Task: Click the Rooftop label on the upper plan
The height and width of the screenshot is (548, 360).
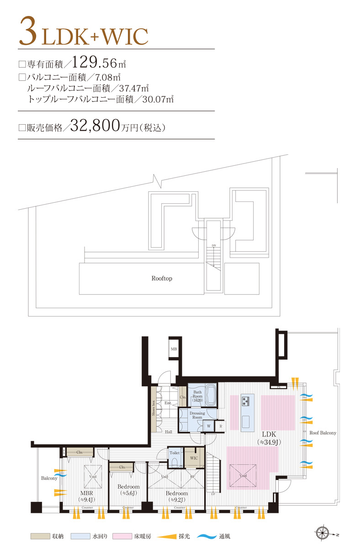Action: coord(162,278)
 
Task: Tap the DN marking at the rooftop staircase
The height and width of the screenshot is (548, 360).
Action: coord(213,246)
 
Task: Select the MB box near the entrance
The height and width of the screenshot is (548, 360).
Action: coord(174,350)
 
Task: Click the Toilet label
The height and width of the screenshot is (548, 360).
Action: coord(174,453)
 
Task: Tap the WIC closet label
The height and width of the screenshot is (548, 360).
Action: coord(193,457)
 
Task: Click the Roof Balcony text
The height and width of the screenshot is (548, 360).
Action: coord(323,432)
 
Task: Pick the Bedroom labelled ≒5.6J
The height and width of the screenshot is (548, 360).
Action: coord(128,490)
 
